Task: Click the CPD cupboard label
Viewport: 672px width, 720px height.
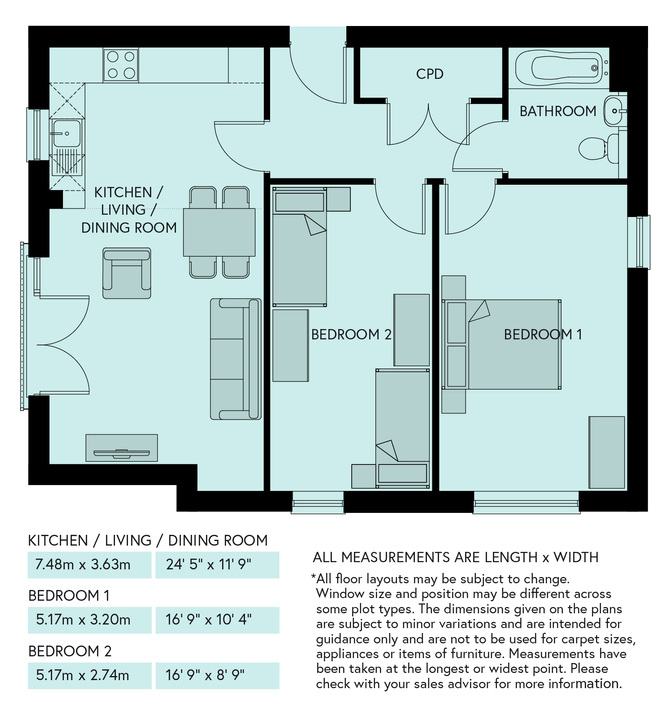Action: pyautogui.click(x=429, y=74)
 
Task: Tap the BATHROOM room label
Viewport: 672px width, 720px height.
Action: pyautogui.click(x=558, y=111)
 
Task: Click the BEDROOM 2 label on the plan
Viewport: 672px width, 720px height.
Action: pyautogui.click(x=351, y=334)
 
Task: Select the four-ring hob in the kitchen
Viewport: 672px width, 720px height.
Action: pyautogui.click(x=121, y=65)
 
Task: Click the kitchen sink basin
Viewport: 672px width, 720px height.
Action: pyautogui.click(x=67, y=133)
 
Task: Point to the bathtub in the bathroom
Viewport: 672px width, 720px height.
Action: pyautogui.click(x=559, y=68)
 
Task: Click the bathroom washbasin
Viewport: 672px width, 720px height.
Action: pyautogui.click(x=614, y=111)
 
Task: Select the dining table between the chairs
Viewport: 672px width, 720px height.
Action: pyautogui.click(x=219, y=232)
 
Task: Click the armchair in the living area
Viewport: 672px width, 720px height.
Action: pyautogui.click(x=127, y=273)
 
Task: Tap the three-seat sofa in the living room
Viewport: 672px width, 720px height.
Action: pyautogui.click(x=236, y=359)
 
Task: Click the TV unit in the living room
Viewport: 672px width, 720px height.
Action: pyautogui.click(x=122, y=448)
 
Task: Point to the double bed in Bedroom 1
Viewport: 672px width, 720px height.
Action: pyautogui.click(x=502, y=344)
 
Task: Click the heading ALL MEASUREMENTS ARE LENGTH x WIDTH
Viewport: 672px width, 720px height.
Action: pyautogui.click(x=456, y=557)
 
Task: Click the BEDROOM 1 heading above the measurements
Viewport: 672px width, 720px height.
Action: pyautogui.click(x=69, y=596)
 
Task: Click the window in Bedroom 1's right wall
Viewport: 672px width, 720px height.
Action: pyautogui.click(x=639, y=242)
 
